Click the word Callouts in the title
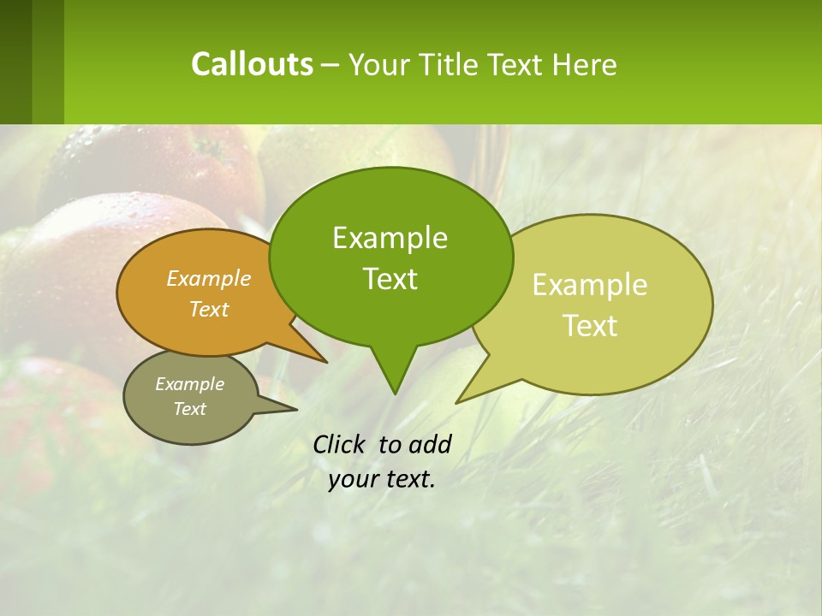tap(252, 64)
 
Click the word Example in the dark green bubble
tap(390, 238)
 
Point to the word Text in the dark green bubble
tap(390, 279)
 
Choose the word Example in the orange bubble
tap(209, 278)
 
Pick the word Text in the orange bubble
tap(209, 309)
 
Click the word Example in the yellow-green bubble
tap(590, 285)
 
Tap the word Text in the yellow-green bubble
tap(590, 326)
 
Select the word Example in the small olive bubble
tap(189, 384)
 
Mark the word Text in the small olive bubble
tap(189, 409)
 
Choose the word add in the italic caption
tap(429, 444)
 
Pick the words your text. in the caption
tap(382, 479)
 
